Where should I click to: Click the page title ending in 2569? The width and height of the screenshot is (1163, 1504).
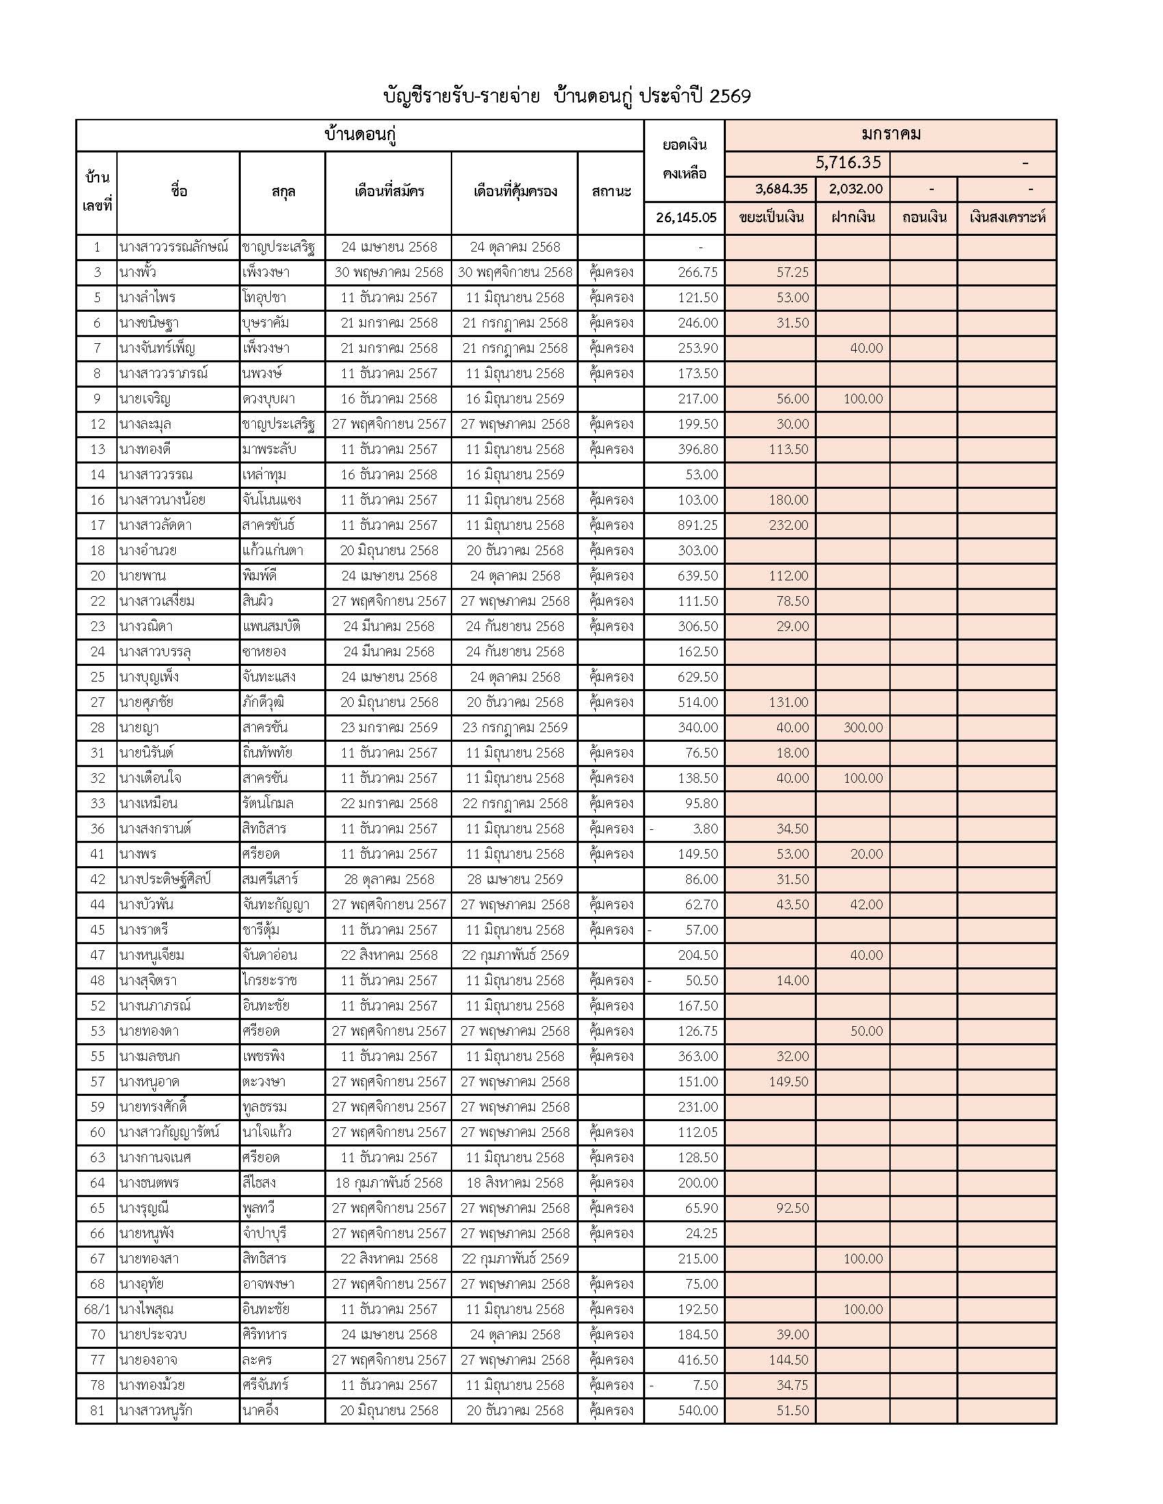[x=566, y=96]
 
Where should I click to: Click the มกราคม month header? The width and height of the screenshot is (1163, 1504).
[x=890, y=134]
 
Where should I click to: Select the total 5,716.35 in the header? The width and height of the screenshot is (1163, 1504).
[x=848, y=163]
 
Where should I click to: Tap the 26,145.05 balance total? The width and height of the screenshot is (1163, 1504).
[x=685, y=217]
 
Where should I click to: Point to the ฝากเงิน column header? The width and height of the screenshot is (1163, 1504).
[x=852, y=217]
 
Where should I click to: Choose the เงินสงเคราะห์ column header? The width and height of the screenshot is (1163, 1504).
[x=1006, y=217]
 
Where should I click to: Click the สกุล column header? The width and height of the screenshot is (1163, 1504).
[x=283, y=191]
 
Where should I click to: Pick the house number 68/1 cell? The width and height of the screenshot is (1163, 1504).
[x=96, y=1309]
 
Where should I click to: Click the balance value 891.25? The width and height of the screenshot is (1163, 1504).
[x=697, y=526]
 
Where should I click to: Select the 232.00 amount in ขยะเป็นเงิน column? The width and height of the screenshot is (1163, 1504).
[x=788, y=526]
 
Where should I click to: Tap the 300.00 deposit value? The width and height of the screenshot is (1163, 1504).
[x=863, y=727]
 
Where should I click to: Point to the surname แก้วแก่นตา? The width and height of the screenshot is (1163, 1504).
[x=273, y=550]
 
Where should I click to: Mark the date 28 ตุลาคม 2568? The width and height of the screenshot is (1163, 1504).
[x=389, y=879]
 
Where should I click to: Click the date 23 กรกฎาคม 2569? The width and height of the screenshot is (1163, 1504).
[x=514, y=727]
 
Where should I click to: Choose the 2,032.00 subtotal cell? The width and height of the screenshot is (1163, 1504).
[x=856, y=189]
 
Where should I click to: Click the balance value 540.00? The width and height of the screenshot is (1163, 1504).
[x=697, y=1410]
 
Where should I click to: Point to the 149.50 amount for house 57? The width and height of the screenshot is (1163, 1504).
[x=788, y=1082]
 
